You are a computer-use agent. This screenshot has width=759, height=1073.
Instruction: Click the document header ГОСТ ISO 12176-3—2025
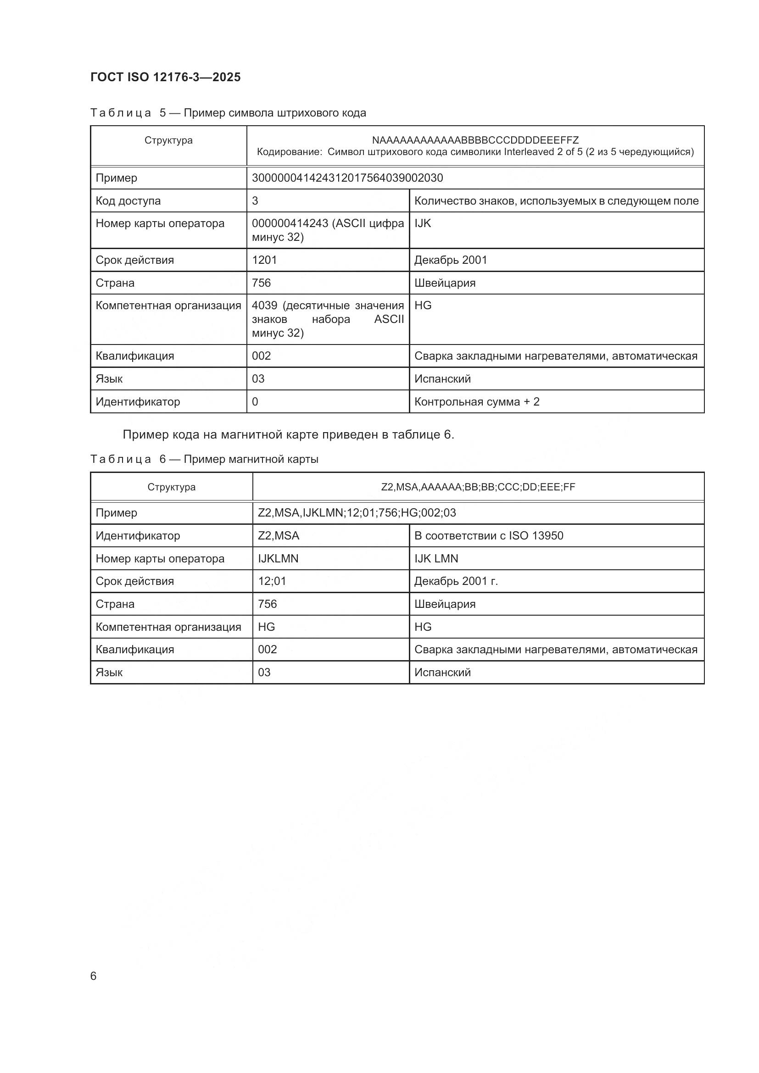point(166,77)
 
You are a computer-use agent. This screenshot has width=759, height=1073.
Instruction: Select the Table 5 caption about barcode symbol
point(228,113)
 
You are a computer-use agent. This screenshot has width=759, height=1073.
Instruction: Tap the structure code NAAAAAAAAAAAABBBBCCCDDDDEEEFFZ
point(475,140)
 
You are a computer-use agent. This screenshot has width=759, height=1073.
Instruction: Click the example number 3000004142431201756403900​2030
point(347,178)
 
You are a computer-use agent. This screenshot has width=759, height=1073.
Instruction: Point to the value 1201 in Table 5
point(264,260)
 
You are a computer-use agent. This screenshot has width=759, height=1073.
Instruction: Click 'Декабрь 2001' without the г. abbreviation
point(451,260)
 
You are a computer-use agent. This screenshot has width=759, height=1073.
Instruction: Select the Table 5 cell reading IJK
point(423,223)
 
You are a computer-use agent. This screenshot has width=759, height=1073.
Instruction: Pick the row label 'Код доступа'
point(128,200)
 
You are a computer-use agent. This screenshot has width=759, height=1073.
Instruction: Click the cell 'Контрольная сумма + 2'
point(477,401)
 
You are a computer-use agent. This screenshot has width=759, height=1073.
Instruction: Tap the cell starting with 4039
point(327,319)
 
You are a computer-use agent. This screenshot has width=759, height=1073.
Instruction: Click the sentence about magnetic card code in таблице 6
point(288,434)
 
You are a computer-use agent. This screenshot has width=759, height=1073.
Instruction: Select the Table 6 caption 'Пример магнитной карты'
point(204,459)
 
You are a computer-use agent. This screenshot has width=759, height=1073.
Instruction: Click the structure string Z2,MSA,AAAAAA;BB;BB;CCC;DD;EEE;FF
point(478,487)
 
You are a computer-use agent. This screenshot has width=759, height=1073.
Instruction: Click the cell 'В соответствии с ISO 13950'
point(488,535)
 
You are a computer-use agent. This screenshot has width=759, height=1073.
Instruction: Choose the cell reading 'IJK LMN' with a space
point(436,558)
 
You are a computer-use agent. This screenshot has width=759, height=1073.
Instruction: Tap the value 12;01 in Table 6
point(272,581)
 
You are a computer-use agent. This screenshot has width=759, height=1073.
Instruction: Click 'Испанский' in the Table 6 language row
point(442,672)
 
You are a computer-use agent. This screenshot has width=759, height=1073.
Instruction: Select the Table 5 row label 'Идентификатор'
point(137,401)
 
